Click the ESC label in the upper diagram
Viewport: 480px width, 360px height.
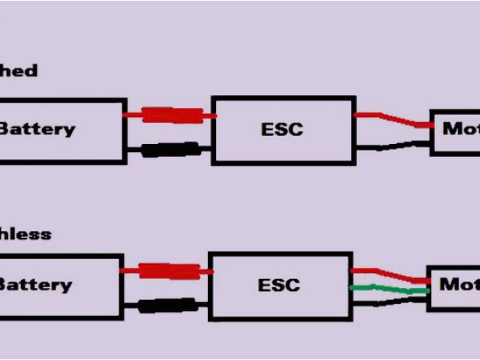[281, 129]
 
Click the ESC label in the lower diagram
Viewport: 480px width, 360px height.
[278, 285]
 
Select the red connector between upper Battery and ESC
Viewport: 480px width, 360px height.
[172, 115]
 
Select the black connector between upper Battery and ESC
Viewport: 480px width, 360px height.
[170, 150]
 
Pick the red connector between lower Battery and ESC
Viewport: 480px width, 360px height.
[169, 271]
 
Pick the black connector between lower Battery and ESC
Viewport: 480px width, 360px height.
[169, 305]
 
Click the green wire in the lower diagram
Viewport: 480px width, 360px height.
[386, 289]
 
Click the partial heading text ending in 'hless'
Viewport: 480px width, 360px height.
[25, 234]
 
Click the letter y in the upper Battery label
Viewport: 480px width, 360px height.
[68, 130]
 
